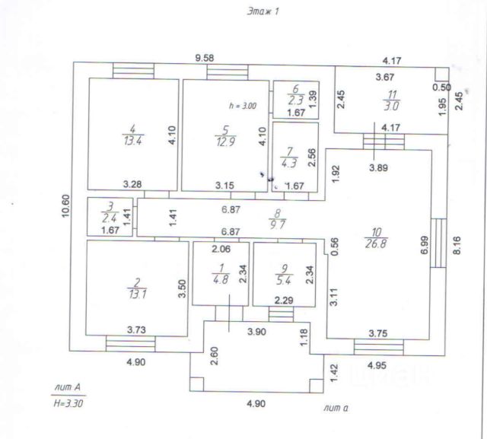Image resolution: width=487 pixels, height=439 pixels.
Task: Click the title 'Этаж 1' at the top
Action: coord(263,12)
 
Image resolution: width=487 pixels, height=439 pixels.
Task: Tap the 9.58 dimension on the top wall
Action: coord(205,58)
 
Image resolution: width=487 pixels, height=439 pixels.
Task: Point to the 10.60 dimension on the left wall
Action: coord(65,206)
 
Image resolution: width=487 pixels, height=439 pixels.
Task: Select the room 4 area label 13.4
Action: coord(133,135)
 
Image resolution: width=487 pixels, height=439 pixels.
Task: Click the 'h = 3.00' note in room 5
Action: coord(243,106)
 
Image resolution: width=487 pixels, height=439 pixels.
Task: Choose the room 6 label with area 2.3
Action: coord(295,94)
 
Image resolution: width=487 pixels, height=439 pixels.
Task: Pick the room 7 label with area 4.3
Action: coord(289,157)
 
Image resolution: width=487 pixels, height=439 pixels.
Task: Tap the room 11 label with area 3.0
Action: coord(391,100)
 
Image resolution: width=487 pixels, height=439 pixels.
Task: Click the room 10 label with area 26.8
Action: coord(376,238)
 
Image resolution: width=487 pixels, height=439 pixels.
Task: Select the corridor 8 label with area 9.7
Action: coord(277,219)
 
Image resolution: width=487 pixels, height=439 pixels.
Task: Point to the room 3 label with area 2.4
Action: coord(110,212)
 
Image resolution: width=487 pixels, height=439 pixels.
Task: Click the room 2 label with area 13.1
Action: coord(137,288)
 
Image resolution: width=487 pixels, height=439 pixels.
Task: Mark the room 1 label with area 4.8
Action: coord(221,274)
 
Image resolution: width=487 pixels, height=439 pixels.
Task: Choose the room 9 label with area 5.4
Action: coord(284,275)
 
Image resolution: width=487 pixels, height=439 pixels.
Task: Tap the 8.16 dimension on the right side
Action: coord(457,246)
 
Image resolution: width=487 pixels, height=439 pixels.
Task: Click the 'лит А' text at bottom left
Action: coord(68,387)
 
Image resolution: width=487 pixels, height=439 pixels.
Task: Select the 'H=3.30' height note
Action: coord(68,403)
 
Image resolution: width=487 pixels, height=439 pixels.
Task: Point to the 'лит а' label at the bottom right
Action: coord(336,408)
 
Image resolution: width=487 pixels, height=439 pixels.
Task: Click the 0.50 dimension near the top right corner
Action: coord(441,87)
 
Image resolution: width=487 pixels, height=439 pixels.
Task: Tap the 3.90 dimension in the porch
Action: coord(257,332)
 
